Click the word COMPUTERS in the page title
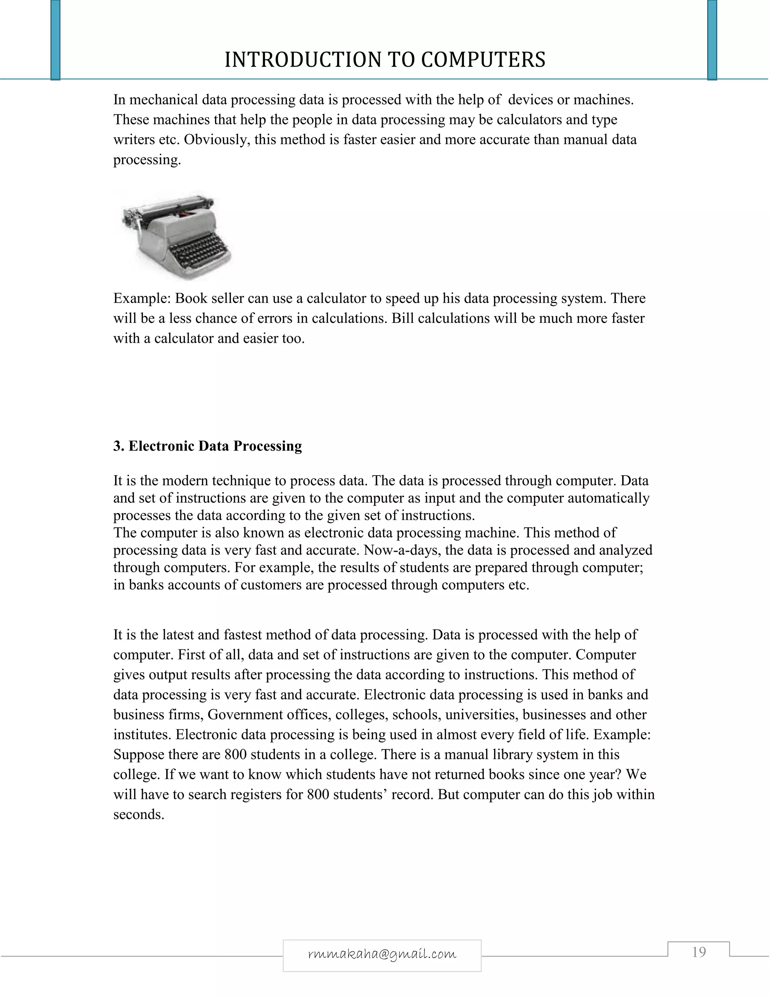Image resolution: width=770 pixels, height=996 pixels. pos(483,60)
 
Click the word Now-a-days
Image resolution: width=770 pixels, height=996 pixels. pos(402,550)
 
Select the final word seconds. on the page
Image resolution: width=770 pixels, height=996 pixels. pos(139,814)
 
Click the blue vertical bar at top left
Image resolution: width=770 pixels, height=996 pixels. pos(56,40)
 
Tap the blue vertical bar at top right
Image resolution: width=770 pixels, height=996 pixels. pos(712,40)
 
